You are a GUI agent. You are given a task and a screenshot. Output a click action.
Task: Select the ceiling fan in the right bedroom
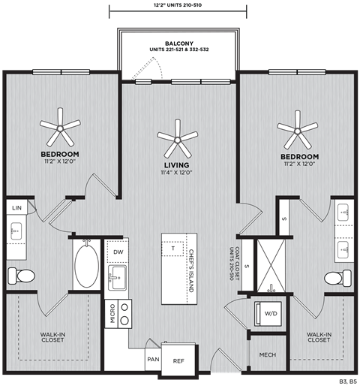pos(298,131)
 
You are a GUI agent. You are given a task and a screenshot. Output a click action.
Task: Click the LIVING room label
pos(178,164)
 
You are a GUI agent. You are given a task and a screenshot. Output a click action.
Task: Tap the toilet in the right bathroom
pos(340,277)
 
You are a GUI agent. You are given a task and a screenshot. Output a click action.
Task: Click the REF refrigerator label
pos(178,361)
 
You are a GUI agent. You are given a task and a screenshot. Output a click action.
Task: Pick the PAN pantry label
pos(153,360)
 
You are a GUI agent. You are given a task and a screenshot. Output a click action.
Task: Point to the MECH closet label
pos(267,355)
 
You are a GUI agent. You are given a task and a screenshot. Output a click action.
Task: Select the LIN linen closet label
pos(15,207)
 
